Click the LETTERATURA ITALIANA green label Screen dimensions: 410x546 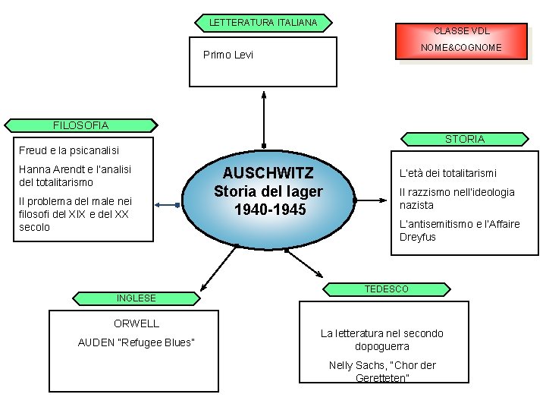[x=262, y=23]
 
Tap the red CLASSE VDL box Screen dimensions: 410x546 [x=461, y=31]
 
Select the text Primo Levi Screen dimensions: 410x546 [x=228, y=55]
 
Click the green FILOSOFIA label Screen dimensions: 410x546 [x=80, y=125]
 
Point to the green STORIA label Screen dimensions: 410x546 [x=465, y=139]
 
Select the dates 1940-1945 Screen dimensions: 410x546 [x=268, y=208]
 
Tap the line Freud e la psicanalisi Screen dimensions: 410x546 [x=68, y=150]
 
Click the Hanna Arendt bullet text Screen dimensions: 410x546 [x=75, y=175]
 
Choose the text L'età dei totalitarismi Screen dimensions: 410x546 [x=448, y=174]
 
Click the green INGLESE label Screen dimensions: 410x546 [x=136, y=298]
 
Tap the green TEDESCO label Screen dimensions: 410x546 [x=386, y=289]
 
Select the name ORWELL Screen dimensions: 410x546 [x=136, y=323]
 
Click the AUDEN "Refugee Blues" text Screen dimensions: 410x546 [x=136, y=342]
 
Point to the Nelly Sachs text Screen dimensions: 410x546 [x=382, y=371]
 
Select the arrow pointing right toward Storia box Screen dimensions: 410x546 [x=372, y=200]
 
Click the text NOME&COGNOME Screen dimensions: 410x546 [x=462, y=48]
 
